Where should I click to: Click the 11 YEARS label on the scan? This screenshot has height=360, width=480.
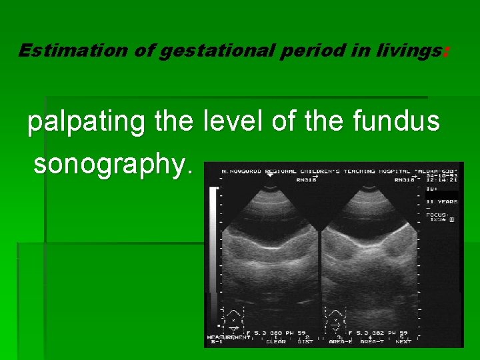[442, 201]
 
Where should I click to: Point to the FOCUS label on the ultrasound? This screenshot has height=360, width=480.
[436, 215]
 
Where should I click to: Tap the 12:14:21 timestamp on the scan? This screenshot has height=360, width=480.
[441, 179]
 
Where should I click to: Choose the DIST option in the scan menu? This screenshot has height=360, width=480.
[305, 341]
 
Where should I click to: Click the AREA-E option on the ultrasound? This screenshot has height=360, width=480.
[341, 341]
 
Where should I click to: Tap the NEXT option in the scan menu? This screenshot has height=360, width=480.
[403, 341]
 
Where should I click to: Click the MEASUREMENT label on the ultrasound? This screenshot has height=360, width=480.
[228, 337]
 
